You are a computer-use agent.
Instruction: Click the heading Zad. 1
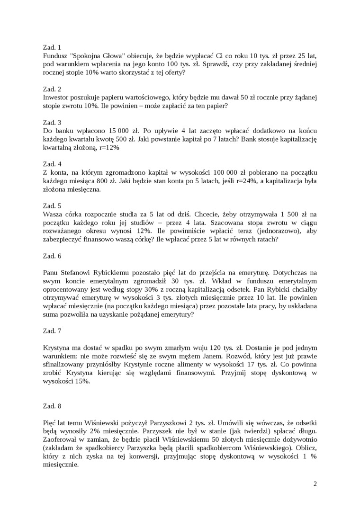point(52,47)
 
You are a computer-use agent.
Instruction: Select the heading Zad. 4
point(52,164)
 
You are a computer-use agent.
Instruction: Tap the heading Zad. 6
point(52,256)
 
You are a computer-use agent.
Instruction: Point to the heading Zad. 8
point(52,406)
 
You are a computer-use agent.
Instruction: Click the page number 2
point(315,484)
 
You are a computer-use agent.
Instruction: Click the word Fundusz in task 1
point(55,56)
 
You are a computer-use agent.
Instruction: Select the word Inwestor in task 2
point(56,97)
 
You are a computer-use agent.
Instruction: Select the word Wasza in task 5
point(52,214)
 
